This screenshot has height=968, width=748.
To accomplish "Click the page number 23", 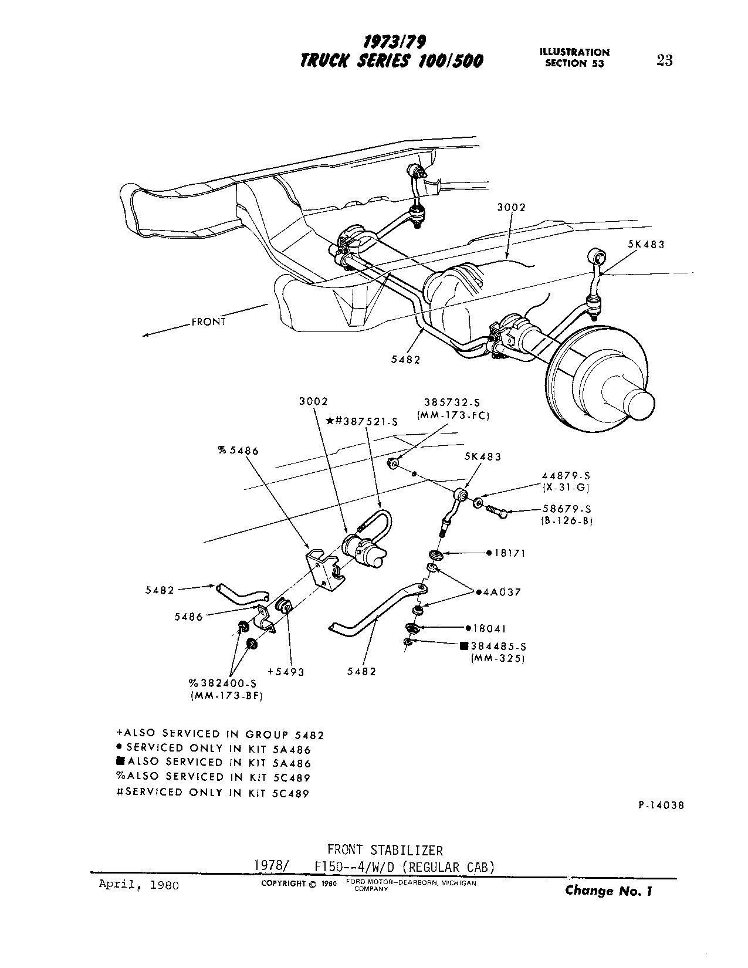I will tap(664, 60).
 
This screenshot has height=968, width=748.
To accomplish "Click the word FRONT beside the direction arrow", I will tap(208, 321).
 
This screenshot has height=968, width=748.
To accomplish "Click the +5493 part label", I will tap(286, 672).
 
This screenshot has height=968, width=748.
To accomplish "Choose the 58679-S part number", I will tap(567, 509).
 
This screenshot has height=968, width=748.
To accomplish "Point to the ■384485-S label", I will tap(493, 647).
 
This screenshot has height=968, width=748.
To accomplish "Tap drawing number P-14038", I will tap(660, 805).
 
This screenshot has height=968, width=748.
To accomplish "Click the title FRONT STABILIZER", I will tap(385, 849).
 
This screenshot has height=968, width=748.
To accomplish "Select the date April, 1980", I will tap(138, 885).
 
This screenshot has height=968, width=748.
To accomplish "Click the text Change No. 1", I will tap(608, 891).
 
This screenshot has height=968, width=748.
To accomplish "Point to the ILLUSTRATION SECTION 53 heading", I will tap(574, 57).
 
